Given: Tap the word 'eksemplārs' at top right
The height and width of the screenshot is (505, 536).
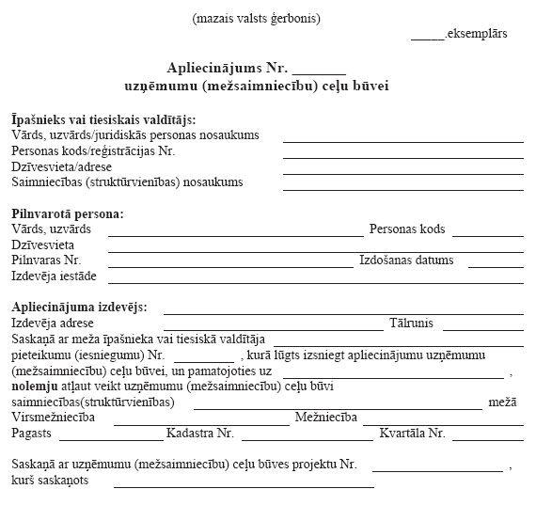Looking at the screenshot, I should [478, 34].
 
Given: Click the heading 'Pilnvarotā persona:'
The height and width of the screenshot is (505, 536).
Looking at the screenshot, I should [67, 213].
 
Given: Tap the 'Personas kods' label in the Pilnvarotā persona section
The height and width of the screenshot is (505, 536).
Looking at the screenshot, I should [407, 229].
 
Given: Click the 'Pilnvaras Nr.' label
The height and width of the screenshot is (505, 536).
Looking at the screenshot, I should [46, 260].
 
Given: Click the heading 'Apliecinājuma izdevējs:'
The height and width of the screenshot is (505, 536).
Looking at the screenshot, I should [83, 308].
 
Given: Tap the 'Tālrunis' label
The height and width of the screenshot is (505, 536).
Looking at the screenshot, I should [411, 324].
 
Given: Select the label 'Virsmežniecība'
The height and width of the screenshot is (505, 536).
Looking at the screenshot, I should [53, 418].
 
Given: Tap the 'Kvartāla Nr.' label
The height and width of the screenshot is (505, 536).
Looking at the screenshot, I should [412, 434].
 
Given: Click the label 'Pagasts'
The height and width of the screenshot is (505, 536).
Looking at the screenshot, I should [32, 434].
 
